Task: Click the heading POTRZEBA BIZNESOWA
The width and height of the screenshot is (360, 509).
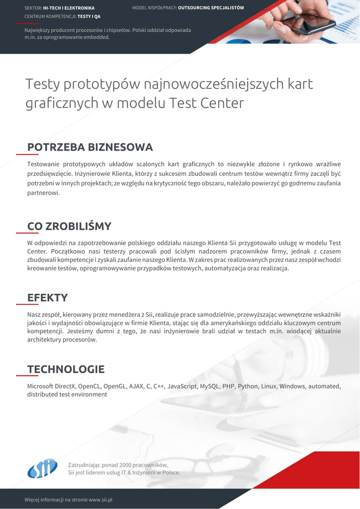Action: click(90, 147)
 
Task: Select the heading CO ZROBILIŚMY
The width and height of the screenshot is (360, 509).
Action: click(69, 226)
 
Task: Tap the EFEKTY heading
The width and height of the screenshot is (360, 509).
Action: click(47, 298)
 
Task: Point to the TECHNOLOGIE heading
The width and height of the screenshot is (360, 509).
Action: click(66, 369)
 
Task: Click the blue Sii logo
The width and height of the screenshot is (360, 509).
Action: click(42, 468)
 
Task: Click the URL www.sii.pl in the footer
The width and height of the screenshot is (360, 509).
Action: click(100, 499)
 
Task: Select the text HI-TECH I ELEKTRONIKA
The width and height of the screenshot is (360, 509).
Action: click(69, 8)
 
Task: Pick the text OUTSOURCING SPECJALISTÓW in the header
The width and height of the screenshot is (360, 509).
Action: click(211, 8)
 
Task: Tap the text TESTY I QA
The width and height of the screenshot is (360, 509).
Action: click(89, 16)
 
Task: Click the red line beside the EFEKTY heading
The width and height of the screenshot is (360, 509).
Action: click(27, 303)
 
